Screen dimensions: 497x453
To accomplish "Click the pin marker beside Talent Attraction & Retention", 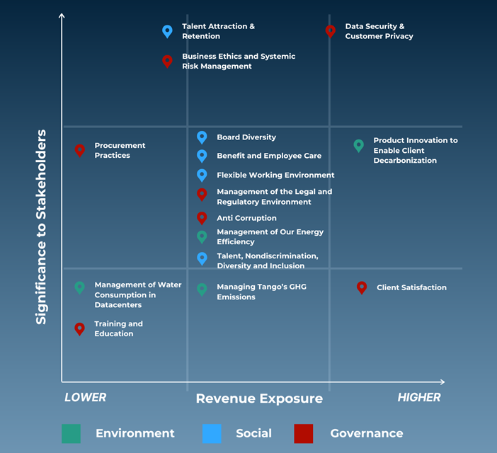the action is pyautogui.click(x=167, y=32).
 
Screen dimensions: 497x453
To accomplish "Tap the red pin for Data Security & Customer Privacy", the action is pyautogui.click(x=331, y=32).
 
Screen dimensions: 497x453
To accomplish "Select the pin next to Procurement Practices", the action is pyautogui.click(x=80, y=151).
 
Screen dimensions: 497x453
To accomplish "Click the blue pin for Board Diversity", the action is pyautogui.click(x=202, y=137).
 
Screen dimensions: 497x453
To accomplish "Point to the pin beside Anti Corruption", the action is pyautogui.click(x=202, y=218).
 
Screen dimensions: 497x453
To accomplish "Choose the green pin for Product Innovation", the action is pyautogui.click(x=358, y=146).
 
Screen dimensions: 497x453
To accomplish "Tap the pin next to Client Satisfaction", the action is pyautogui.click(x=362, y=287).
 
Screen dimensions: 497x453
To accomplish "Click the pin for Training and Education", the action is pyautogui.click(x=79, y=329).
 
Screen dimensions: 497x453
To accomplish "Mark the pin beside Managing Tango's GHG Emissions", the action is pyautogui.click(x=202, y=289).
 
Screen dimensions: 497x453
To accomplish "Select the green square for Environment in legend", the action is pyautogui.click(x=71, y=433).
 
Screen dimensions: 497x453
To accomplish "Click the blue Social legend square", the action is pyautogui.click(x=212, y=433).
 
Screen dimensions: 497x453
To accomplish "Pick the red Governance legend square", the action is pyautogui.click(x=303, y=433).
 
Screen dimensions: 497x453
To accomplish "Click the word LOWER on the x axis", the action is pyautogui.click(x=85, y=397).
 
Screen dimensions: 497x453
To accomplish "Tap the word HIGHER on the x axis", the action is pyautogui.click(x=419, y=397).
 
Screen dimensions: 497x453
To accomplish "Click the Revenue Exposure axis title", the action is pyautogui.click(x=259, y=398).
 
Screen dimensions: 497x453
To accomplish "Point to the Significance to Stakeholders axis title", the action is pyautogui.click(x=41, y=226).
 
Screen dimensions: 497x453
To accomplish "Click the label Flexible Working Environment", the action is pyautogui.click(x=275, y=175).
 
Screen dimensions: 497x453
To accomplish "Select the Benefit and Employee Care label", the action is pyautogui.click(x=269, y=156).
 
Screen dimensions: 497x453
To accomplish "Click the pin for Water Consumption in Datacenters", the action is pyautogui.click(x=79, y=288).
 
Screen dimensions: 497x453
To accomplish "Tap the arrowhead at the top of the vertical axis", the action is pyautogui.click(x=62, y=15).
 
